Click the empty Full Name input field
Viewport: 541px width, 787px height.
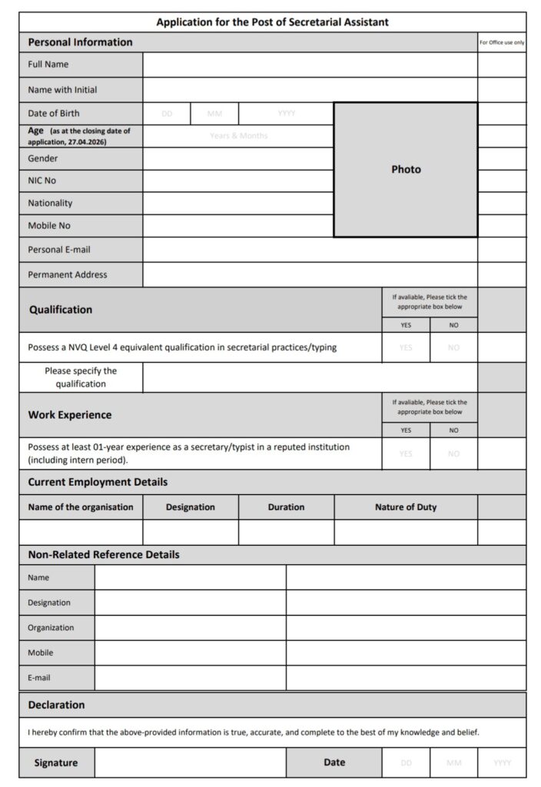click(x=310, y=65)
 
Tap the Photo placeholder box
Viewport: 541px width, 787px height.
click(x=406, y=170)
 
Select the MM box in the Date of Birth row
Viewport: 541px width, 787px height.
click(x=214, y=114)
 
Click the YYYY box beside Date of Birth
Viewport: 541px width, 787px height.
click(x=286, y=114)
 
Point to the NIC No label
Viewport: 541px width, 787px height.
click(x=42, y=181)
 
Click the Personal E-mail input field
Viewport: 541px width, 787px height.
click(x=310, y=250)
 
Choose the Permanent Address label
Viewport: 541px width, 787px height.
click(x=68, y=274)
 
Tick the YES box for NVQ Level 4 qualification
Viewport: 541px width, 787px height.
click(x=406, y=347)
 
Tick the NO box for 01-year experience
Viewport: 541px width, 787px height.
click(x=453, y=453)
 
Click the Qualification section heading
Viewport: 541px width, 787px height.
click(x=61, y=310)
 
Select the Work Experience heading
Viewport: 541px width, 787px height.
click(x=70, y=415)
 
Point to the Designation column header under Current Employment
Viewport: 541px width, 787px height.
click(x=191, y=507)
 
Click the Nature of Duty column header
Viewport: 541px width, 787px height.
click(x=406, y=507)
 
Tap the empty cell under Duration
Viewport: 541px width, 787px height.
click(x=286, y=532)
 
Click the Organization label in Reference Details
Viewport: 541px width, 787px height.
click(x=51, y=628)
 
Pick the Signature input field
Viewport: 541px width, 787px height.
click(x=191, y=762)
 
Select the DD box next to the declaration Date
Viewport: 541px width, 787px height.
click(x=406, y=762)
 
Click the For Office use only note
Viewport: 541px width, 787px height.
click(x=502, y=42)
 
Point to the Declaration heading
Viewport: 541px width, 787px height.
click(x=56, y=705)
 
